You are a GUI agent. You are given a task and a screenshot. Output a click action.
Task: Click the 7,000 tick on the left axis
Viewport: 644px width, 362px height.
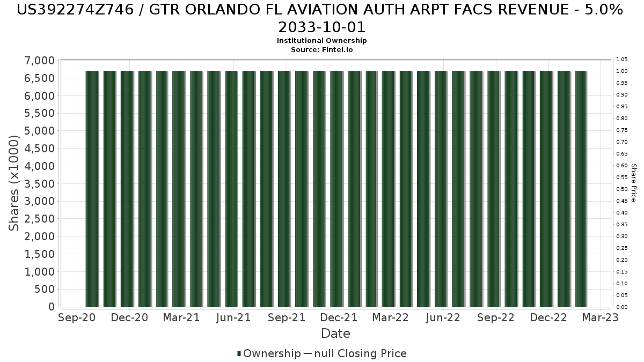click(x=39, y=61)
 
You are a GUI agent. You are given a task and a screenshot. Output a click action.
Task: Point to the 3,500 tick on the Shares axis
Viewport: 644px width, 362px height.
click(x=39, y=184)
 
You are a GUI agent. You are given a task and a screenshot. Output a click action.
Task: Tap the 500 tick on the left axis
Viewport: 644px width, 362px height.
click(x=45, y=289)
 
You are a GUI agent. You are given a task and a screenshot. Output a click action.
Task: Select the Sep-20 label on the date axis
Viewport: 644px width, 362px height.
click(x=77, y=317)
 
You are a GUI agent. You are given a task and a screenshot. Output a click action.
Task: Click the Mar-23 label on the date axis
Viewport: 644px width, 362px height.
click(x=601, y=317)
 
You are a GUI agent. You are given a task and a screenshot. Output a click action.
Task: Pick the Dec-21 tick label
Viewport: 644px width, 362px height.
click(x=339, y=317)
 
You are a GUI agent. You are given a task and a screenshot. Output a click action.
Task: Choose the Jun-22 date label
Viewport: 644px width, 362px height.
click(x=443, y=317)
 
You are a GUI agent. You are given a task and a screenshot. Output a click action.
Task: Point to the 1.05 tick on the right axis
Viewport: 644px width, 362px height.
click(x=622, y=60)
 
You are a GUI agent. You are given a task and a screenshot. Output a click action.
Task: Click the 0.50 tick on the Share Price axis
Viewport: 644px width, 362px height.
click(x=622, y=189)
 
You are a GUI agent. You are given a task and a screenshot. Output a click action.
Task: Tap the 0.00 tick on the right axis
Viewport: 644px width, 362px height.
click(x=622, y=307)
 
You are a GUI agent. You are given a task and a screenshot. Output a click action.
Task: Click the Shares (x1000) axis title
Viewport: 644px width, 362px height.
click(x=13, y=183)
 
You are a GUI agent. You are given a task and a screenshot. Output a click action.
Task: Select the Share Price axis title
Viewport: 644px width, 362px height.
click(x=634, y=183)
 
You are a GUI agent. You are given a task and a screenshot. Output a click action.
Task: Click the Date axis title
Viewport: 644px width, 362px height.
click(x=335, y=334)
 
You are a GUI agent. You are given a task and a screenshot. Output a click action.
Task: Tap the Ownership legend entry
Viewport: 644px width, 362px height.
click(x=269, y=353)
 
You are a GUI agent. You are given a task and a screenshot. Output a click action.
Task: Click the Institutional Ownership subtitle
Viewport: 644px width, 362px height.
click(x=321, y=41)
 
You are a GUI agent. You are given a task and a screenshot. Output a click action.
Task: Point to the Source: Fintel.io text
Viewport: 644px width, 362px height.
click(x=321, y=50)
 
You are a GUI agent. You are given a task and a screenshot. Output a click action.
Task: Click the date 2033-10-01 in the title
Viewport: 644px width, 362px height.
click(x=321, y=27)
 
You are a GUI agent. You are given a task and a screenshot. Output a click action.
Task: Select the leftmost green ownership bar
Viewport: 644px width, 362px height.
click(x=92, y=189)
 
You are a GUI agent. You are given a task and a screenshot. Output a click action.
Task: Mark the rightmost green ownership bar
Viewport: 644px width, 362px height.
click(x=581, y=189)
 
